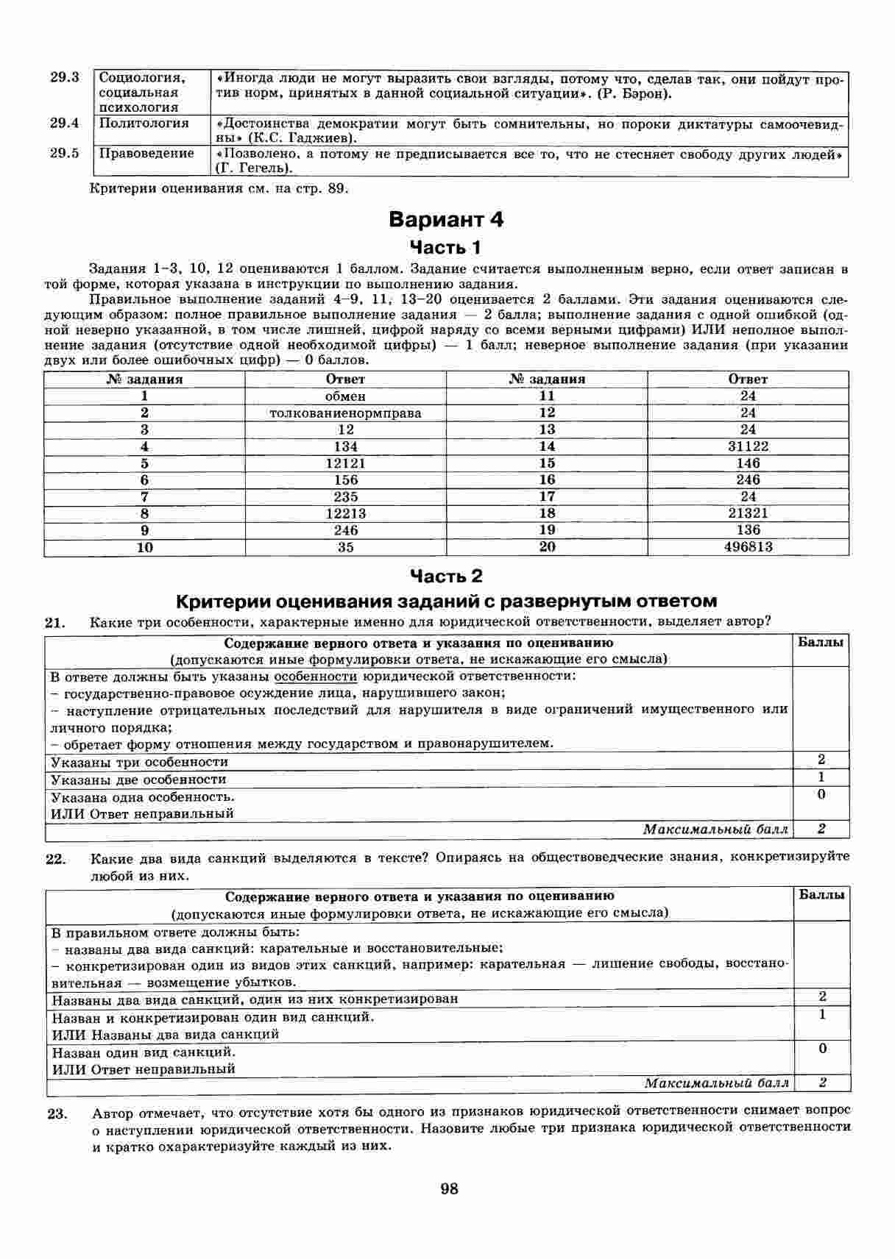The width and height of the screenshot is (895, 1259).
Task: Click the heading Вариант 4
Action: [446, 219]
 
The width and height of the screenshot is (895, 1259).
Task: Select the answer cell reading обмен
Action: [345, 396]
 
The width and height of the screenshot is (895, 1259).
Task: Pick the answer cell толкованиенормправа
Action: [345, 413]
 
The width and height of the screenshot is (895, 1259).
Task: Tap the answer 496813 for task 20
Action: [748, 547]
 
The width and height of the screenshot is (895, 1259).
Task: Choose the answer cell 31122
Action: [748, 446]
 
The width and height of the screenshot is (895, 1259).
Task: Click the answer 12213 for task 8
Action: [345, 513]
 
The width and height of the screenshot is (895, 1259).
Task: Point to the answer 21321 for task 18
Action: [748, 513]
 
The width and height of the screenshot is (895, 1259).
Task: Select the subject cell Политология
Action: [144, 124]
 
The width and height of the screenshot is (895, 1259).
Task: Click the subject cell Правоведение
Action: [146, 154]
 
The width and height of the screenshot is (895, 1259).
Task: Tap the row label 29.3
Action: [65, 77]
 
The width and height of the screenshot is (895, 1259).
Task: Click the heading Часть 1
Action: [445, 246]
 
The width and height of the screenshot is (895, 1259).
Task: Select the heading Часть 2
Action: [446, 576]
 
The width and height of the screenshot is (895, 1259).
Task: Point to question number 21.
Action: [56, 623]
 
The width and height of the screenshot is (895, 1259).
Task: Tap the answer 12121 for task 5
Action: [345, 463]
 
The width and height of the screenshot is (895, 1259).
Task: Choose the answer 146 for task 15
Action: [748, 463]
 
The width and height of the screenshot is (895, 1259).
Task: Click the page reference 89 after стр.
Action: [336, 188]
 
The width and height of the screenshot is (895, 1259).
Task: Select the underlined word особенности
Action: [315, 676]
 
